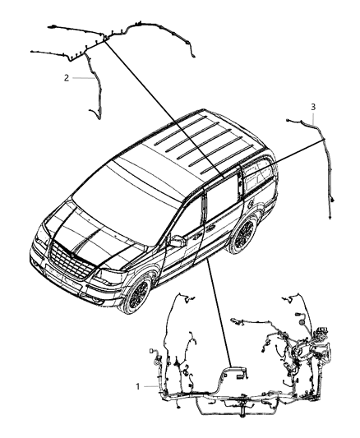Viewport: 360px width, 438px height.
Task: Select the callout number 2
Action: point(66,78)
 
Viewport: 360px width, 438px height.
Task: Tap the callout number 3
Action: point(312,107)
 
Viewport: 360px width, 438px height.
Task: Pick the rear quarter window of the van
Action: point(261,178)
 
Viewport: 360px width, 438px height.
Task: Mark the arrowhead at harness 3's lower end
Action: point(330,218)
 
